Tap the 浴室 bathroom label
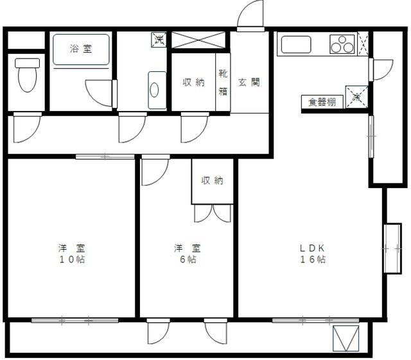[80, 48]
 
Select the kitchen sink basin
[296, 44]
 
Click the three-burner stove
[342, 44]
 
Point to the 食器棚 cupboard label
[322, 102]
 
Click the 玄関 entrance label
[249, 82]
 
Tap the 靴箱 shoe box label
[223, 82]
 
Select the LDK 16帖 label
[313, 253]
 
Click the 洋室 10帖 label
[71, 253]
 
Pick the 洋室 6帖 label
[186, 253]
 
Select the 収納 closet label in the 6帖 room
[212, 181]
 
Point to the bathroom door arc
[100, 94]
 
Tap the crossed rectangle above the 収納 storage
[198, 40]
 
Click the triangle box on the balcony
[345, 338]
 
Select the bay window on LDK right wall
[392, 248]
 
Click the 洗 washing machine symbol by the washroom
[159, 39]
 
